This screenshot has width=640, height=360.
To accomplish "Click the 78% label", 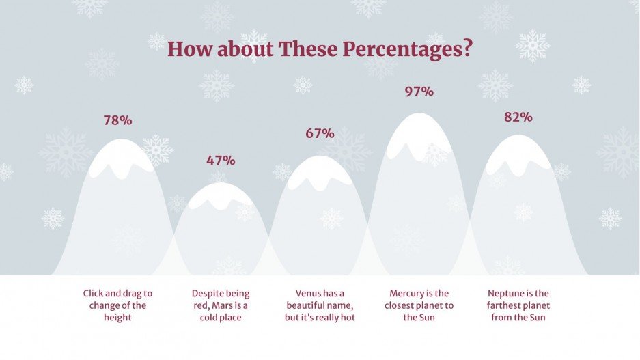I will pyautogui.click(x=117, y=121).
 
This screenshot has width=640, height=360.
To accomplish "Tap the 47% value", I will pyautogui.click(x=221, y=161).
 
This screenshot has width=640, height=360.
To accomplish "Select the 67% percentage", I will pyautogui.click(x=320, y=134).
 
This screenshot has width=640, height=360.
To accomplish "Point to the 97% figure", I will pyautogui.click(x=419, y=91).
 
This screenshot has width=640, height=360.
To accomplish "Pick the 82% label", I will pyautogui.click(x=518, y=117).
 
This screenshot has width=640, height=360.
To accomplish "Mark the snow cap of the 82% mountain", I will pyautogui.click(x=517, y=154).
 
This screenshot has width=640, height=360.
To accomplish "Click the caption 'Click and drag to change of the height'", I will pyautogui.click(x=117, y=305).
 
